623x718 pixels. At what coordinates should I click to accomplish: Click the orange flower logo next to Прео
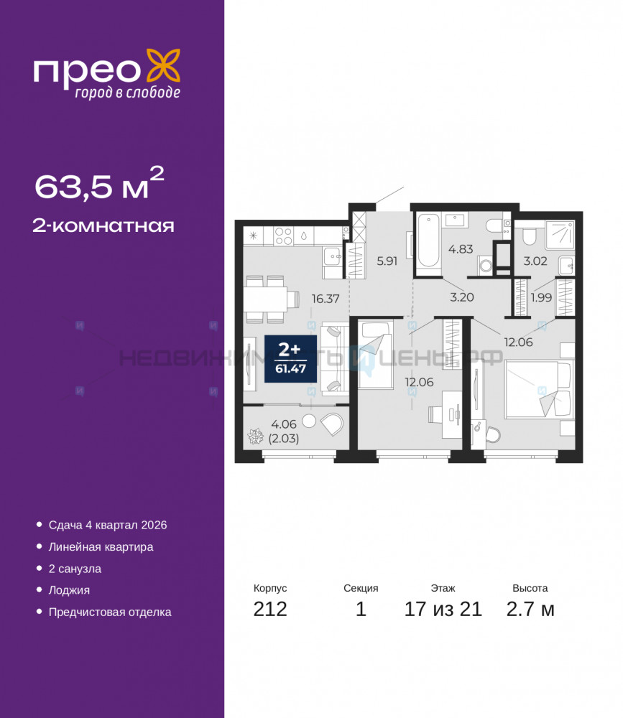[163, 67]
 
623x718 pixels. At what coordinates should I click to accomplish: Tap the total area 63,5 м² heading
[99, 183]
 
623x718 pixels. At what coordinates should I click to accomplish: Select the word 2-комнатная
[103, 225]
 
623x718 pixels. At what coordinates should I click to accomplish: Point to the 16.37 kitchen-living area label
[326, 299]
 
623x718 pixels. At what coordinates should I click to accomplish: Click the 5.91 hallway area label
[387, 261]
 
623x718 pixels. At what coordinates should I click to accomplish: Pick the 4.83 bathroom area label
[461, 249]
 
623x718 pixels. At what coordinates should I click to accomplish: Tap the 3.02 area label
[535, 261]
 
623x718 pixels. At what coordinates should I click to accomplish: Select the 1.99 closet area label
[541, 298]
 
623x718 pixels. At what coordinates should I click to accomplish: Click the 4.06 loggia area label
[284, 424]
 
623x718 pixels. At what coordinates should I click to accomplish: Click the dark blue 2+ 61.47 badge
[290, 358]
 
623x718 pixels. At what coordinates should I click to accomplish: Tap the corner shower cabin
[559, 235]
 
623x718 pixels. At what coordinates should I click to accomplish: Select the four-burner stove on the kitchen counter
[283, 236]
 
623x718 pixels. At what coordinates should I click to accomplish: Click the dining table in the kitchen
[265, 299]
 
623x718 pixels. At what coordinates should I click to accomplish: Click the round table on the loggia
[309, 421]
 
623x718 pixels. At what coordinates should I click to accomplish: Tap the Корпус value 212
[270, 609]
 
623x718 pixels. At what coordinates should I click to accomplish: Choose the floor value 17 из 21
[443, 609]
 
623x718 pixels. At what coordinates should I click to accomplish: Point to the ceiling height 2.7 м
[530, 609]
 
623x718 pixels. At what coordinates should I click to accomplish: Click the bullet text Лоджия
[69, 590]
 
